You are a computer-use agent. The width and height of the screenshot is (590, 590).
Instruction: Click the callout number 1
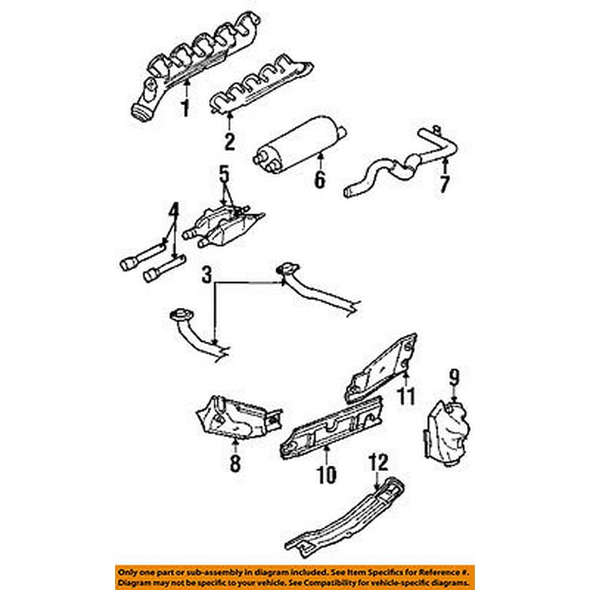[184, 108]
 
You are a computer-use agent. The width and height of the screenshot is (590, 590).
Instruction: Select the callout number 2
[229, 141]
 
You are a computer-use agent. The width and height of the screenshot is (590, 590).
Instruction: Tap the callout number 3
[206, 275]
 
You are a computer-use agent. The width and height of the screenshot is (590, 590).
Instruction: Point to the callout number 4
[174, 209]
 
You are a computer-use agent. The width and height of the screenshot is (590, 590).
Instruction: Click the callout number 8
[235, 462]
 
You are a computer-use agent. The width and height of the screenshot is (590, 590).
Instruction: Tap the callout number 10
[326, 474]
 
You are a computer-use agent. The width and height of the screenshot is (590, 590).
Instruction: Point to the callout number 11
[406, 396]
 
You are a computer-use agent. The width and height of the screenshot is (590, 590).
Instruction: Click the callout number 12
[379, 462]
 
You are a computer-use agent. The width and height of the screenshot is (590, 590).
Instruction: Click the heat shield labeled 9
[446, 430]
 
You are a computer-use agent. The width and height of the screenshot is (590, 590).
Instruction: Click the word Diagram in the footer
[138, 584]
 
